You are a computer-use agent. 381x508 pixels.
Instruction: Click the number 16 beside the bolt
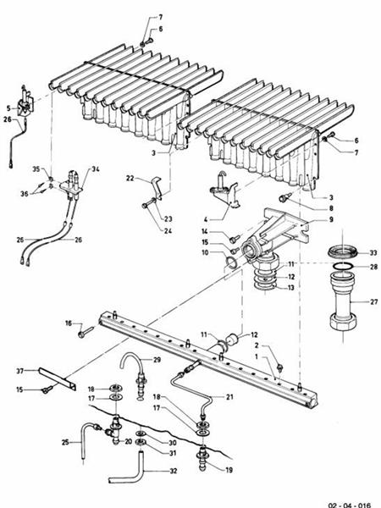[x=67, y=323]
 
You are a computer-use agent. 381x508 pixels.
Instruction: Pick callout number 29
[x=157, y=360]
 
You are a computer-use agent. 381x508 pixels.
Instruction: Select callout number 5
[x=8, y=108]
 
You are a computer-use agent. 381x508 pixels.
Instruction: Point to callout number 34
[x=96, y=170]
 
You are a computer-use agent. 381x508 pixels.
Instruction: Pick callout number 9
[x=333, y=219]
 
